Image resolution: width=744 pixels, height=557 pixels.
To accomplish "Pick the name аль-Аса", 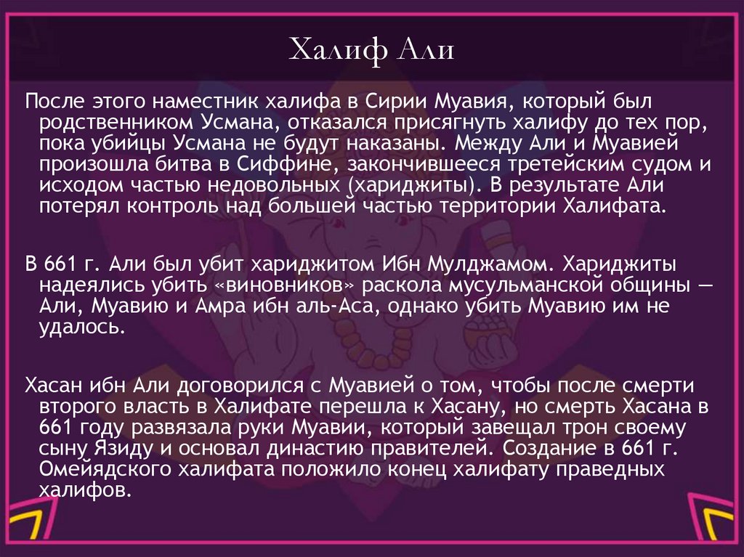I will [339, 306].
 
